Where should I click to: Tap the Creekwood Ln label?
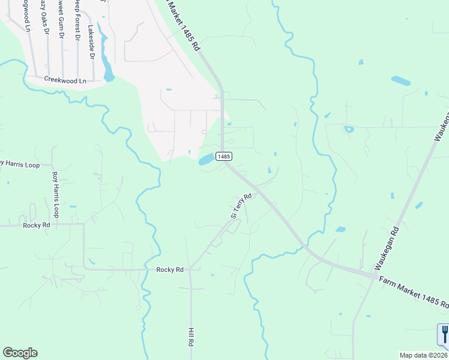65,80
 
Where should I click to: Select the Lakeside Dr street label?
92,42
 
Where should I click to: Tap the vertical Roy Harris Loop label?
56,194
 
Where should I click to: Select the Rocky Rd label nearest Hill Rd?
170,270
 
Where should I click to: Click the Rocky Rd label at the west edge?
36,225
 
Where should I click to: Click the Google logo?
20,353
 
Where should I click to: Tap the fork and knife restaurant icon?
444,334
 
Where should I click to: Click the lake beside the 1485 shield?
206,159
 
